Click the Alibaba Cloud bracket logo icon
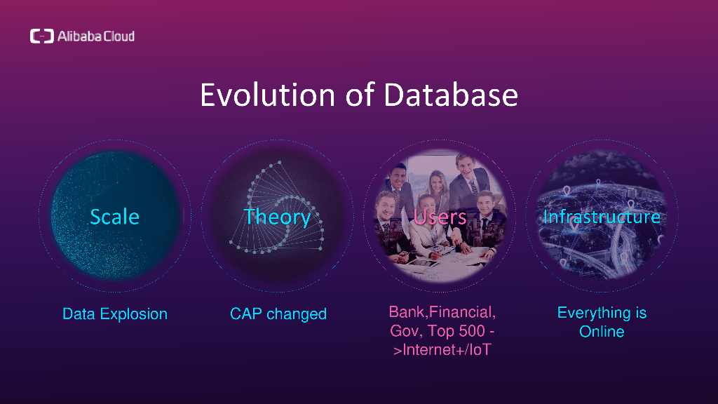[x=42, y=36]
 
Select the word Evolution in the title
[x=268, y=95]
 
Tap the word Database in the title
[x=451, y=95]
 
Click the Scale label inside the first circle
[x=114, y=217]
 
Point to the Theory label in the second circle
[x=278, y=217]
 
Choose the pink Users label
[x=440, y=217]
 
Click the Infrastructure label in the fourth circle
[x=602, y=217]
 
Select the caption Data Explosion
[x=115, y=314]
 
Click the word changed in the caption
[x=297, y=314]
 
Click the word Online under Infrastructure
[x=602, y=331]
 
